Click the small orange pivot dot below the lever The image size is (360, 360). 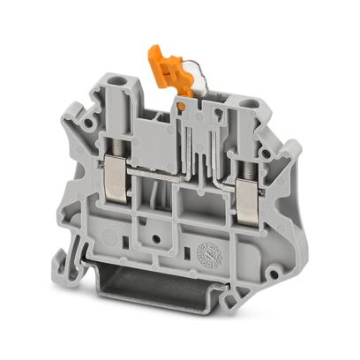pyautogui.click(x=181, y=107)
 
